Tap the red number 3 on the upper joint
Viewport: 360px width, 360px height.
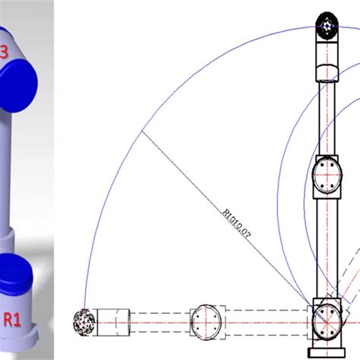(5, 52)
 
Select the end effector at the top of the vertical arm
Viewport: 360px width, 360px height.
(327, 26)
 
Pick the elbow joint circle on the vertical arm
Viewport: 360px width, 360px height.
(327, 174)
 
